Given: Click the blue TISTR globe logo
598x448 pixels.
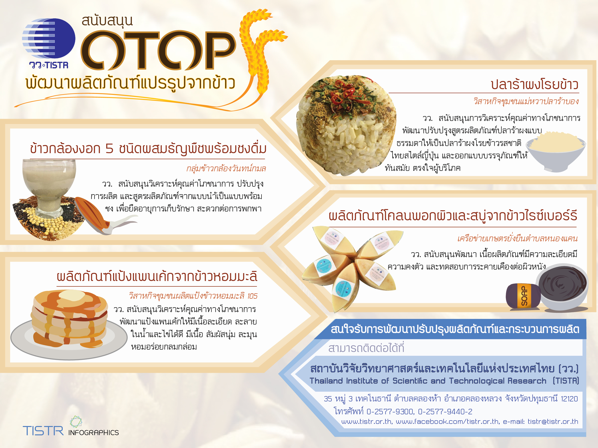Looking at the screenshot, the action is pos(49,38).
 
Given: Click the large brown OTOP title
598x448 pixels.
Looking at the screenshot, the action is pos(158,50).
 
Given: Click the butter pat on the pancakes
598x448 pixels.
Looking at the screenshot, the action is pos(72,296).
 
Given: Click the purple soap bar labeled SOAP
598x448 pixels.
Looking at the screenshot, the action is pos(523,296).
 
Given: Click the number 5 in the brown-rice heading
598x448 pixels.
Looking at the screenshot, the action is pos(109,149).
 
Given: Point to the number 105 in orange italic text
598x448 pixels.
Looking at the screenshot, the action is pos(252,296).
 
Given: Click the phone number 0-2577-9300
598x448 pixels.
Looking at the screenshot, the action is pos(390,411).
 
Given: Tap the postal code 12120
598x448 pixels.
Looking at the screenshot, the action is pos(569,399).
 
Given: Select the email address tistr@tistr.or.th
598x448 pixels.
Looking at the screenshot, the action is pos(553,421).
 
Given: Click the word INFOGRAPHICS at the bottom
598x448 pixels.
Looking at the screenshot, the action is pos(94,433).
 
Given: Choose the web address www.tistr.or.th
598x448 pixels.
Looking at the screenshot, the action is pos(366,421).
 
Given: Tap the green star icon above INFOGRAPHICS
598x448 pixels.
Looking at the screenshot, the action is pos(76,421).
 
